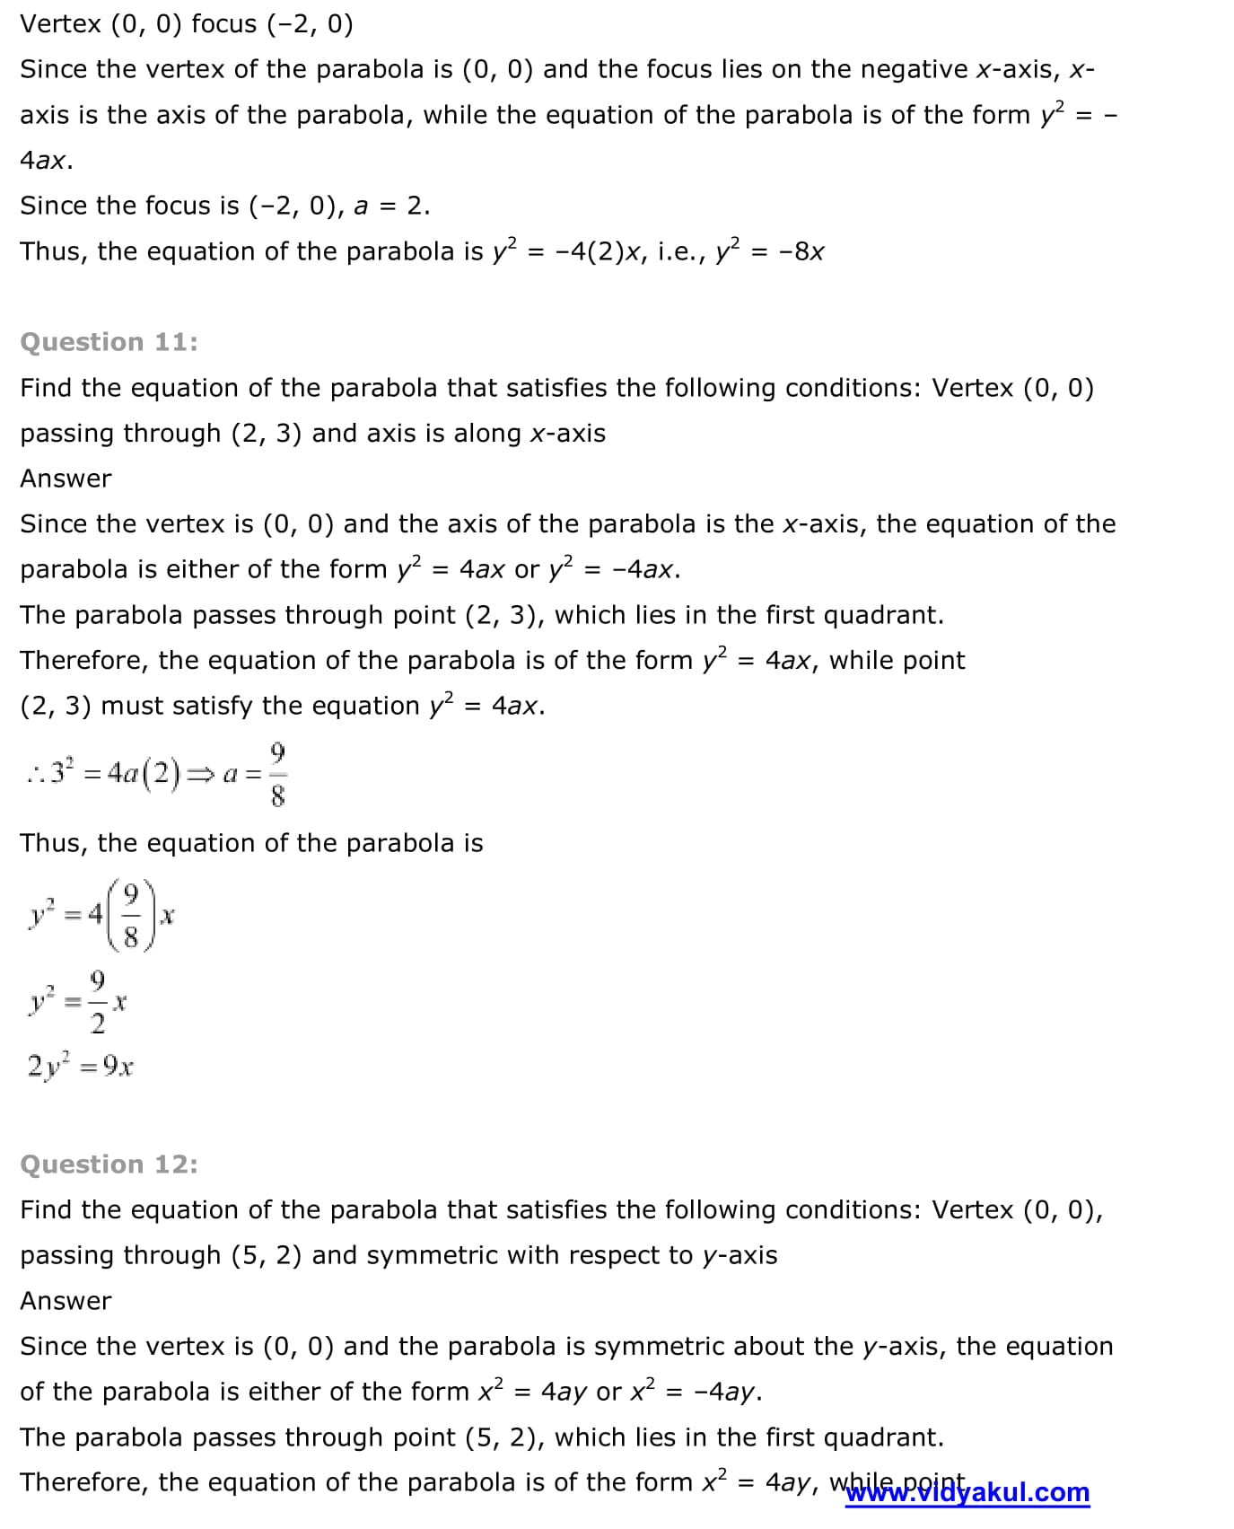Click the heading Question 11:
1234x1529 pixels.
(109, 342)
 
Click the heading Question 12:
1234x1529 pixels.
(109, 1164)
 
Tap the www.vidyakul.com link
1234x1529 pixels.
(967, 1492)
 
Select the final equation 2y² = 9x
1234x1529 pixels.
(81, 1067)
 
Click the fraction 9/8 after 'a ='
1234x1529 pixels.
(277, 773)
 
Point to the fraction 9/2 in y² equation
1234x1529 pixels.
(98, 1001)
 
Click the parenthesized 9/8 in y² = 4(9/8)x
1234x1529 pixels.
(131, 916)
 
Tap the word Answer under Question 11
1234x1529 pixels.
(66, 479)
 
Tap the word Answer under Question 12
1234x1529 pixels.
(66, 1301)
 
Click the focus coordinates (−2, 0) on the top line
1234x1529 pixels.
(310, 24)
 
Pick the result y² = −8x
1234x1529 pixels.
(770, 250)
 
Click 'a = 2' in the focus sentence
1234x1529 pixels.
(391, 207)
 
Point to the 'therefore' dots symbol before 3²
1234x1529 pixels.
(36, 774)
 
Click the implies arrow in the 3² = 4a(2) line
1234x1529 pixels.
(200, 774)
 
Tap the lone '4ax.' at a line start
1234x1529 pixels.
(46, 161)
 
